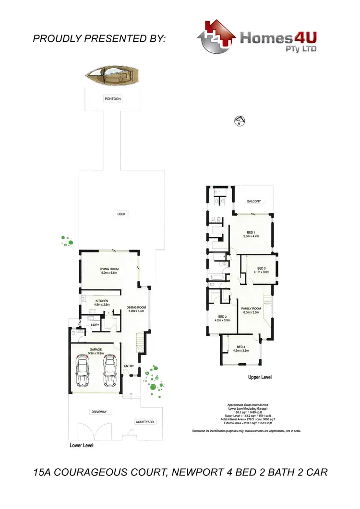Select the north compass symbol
(239, 120)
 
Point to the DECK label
(121, 214)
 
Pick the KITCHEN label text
(101, 301)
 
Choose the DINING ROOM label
(136, 308)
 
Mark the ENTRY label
(129, 366)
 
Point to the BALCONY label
(254, 201)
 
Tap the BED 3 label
(261, 268)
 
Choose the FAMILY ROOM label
(251, 308)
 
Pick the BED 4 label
(240, 347)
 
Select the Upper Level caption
(260, 378)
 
